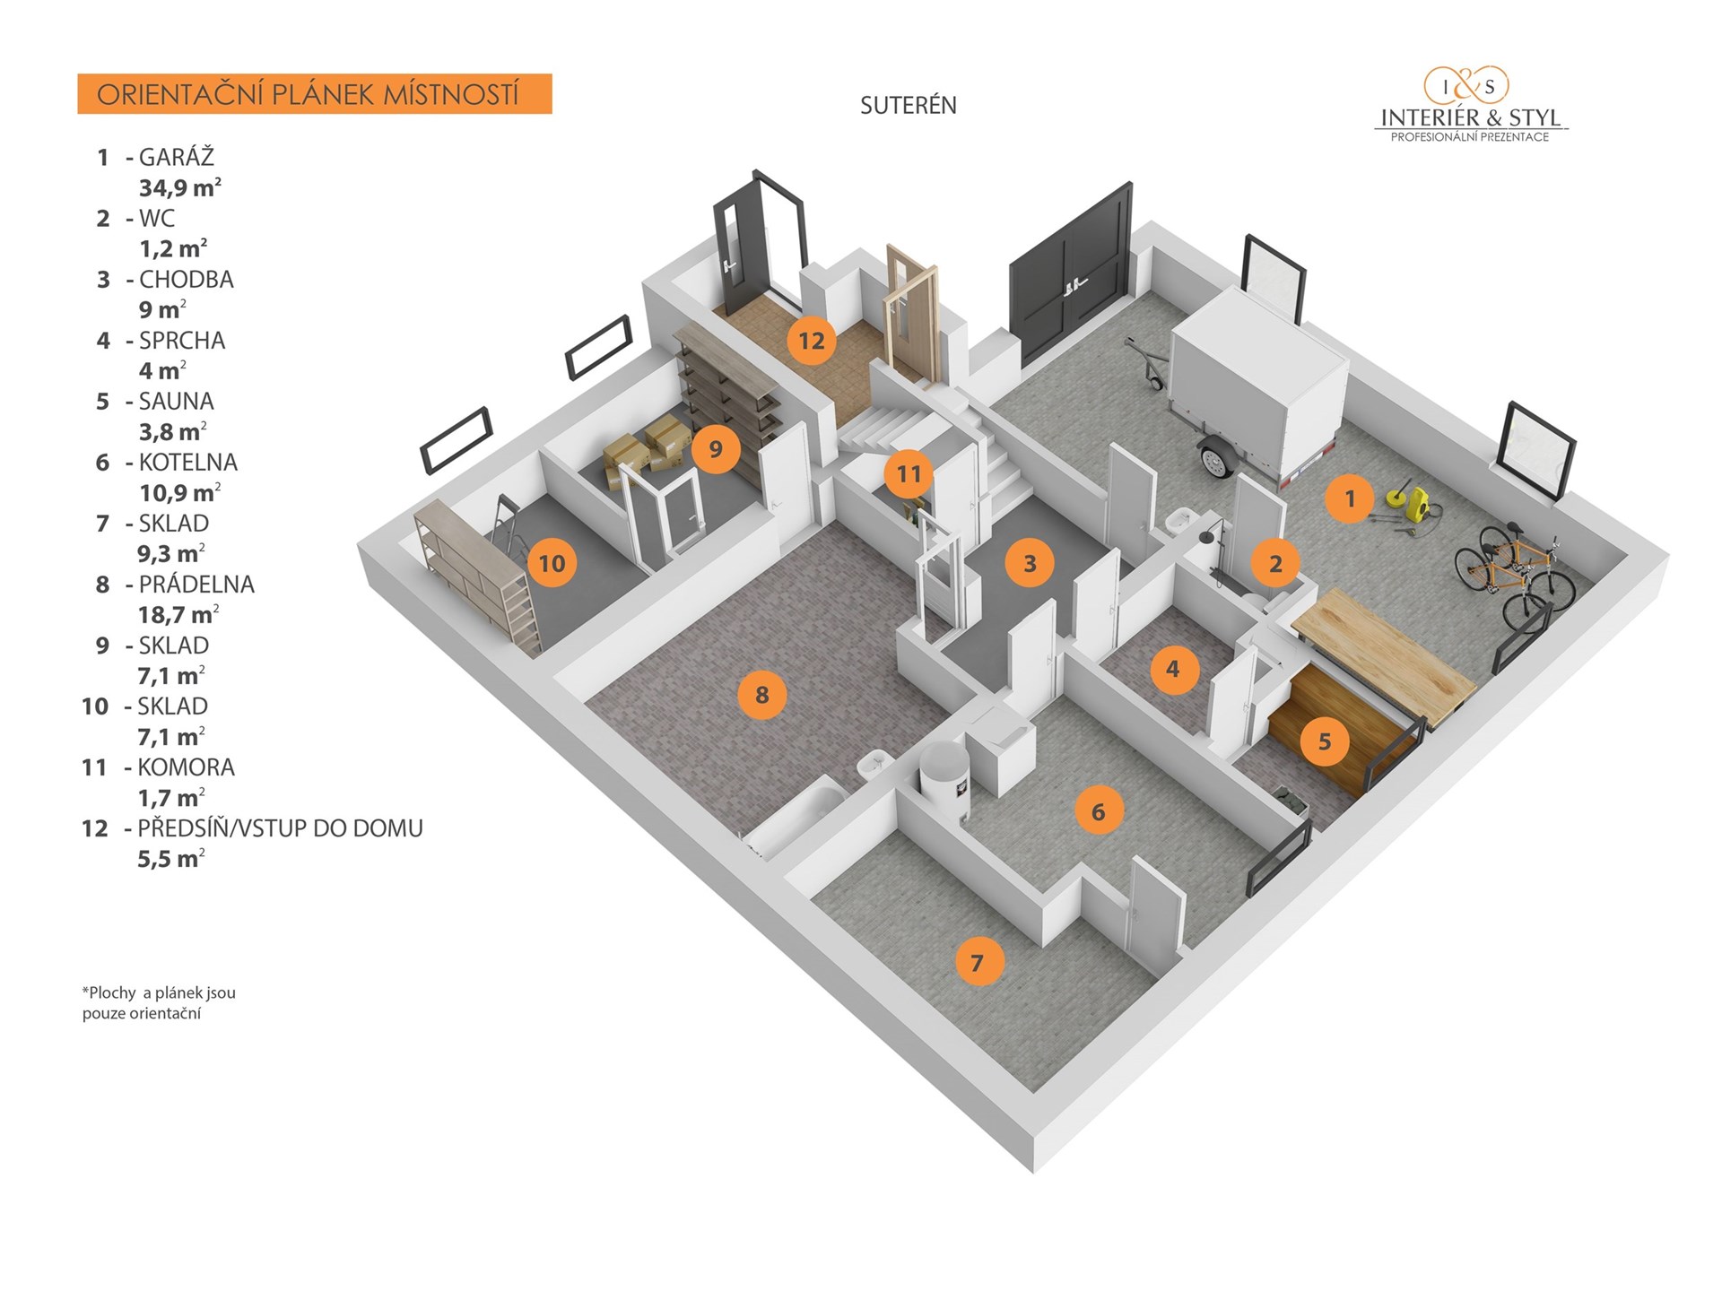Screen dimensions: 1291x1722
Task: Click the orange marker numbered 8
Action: click(x=761, y=695)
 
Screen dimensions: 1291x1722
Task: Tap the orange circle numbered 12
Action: click(x=811, y=341)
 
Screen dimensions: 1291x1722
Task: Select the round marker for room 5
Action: click(x=1324, y=741)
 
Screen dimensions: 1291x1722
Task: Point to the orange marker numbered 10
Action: click(x=552, y=563)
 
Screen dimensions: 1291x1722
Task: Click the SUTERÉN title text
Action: click(x=908, y=106)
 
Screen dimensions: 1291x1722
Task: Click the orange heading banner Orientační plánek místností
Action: click(x=315, y=94)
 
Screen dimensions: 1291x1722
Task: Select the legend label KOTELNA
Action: click(x=188, y=463)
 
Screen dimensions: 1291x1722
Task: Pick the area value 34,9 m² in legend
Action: click(x=179, y=187)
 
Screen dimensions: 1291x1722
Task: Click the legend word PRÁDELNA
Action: click(x=196, y=585)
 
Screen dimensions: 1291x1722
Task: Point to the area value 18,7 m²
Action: click(x=178, y=615)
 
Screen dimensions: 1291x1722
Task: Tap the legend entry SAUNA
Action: click(x=176, y=402)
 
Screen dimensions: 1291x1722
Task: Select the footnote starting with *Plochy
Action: click(x=159, y=1003)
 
